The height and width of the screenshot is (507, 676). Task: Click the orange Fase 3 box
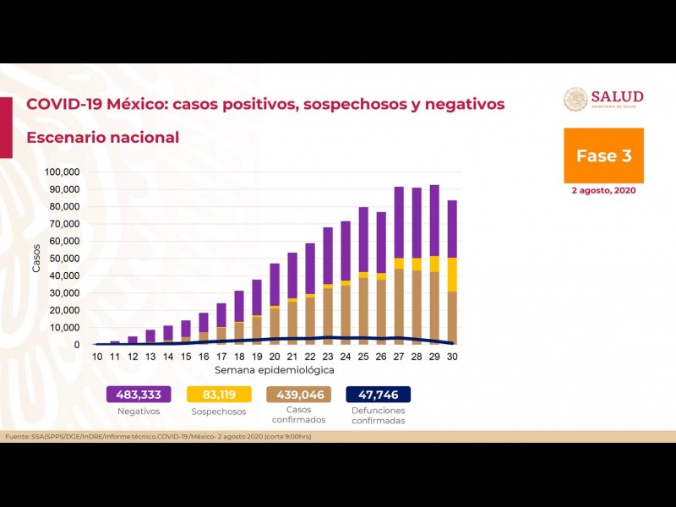pos(603,155)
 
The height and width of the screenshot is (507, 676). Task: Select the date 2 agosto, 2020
pos(603,191)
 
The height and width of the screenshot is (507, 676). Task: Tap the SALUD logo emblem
pos(575,100)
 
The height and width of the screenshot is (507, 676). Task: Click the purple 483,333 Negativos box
pos(139,394)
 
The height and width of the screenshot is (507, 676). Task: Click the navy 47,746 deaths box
pos(378,394)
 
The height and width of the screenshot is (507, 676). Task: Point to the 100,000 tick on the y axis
pos(62,172)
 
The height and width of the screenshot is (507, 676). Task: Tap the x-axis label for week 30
pos(452,357)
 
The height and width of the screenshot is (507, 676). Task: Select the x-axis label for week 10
pos(97,357)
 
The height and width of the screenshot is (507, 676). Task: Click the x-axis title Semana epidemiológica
pos(274,370)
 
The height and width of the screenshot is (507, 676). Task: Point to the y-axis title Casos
pos(36,259)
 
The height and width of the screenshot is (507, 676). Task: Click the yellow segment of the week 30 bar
pos(452,275)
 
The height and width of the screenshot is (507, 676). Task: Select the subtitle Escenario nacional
pos(102,137)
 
